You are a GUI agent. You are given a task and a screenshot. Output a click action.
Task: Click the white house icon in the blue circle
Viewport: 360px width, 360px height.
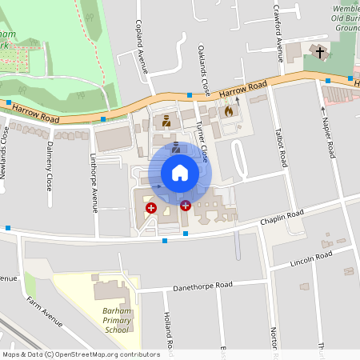[180, 173]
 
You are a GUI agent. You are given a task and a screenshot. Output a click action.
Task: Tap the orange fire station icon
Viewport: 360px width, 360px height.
[229, 111]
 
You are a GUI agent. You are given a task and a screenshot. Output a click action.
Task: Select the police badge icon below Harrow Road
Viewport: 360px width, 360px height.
[166, 121]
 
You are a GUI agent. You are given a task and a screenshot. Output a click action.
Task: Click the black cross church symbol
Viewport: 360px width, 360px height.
[320, 53]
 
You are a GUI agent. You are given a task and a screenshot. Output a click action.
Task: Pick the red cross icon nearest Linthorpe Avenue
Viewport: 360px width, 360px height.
[150, 208]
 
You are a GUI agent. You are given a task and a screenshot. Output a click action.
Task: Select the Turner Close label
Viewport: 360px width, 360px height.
[205, 142]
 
